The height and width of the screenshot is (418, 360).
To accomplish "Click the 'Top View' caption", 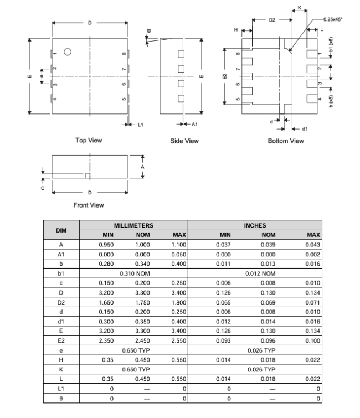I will click(x=89, y=141).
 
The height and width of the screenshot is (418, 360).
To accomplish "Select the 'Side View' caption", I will click(x=184, y=141).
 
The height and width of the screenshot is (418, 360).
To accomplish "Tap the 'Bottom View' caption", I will click(x=286, y=141).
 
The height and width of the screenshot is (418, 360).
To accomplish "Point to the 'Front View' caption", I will click(x=89, y=205).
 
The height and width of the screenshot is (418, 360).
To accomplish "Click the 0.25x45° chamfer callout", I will click(x=332, y=19).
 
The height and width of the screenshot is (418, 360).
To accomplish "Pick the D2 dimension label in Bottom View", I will click(x=272, y=19).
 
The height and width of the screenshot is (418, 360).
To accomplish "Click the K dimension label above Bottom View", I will click(x=299, y=8).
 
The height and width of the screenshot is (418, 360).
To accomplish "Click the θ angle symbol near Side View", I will click(x=148, y=30).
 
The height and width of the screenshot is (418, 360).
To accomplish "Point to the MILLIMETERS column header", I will click(x=133, y=226).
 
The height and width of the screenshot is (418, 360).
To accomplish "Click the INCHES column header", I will click(x=255, y=226).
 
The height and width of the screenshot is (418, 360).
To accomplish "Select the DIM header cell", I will click(x=61, y=230).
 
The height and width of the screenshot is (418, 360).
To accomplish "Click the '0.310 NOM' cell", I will click(x=133, y=273).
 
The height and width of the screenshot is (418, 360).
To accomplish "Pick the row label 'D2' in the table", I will click(x=61, y=302).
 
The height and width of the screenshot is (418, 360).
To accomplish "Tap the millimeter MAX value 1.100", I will click(x=178, y=244).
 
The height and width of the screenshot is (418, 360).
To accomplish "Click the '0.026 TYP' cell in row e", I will click(x=261, y=350).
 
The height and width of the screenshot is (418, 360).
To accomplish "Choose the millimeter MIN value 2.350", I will click(x=106, y=340).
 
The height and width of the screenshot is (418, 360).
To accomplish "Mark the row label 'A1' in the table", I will click(x=61, y=254).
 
